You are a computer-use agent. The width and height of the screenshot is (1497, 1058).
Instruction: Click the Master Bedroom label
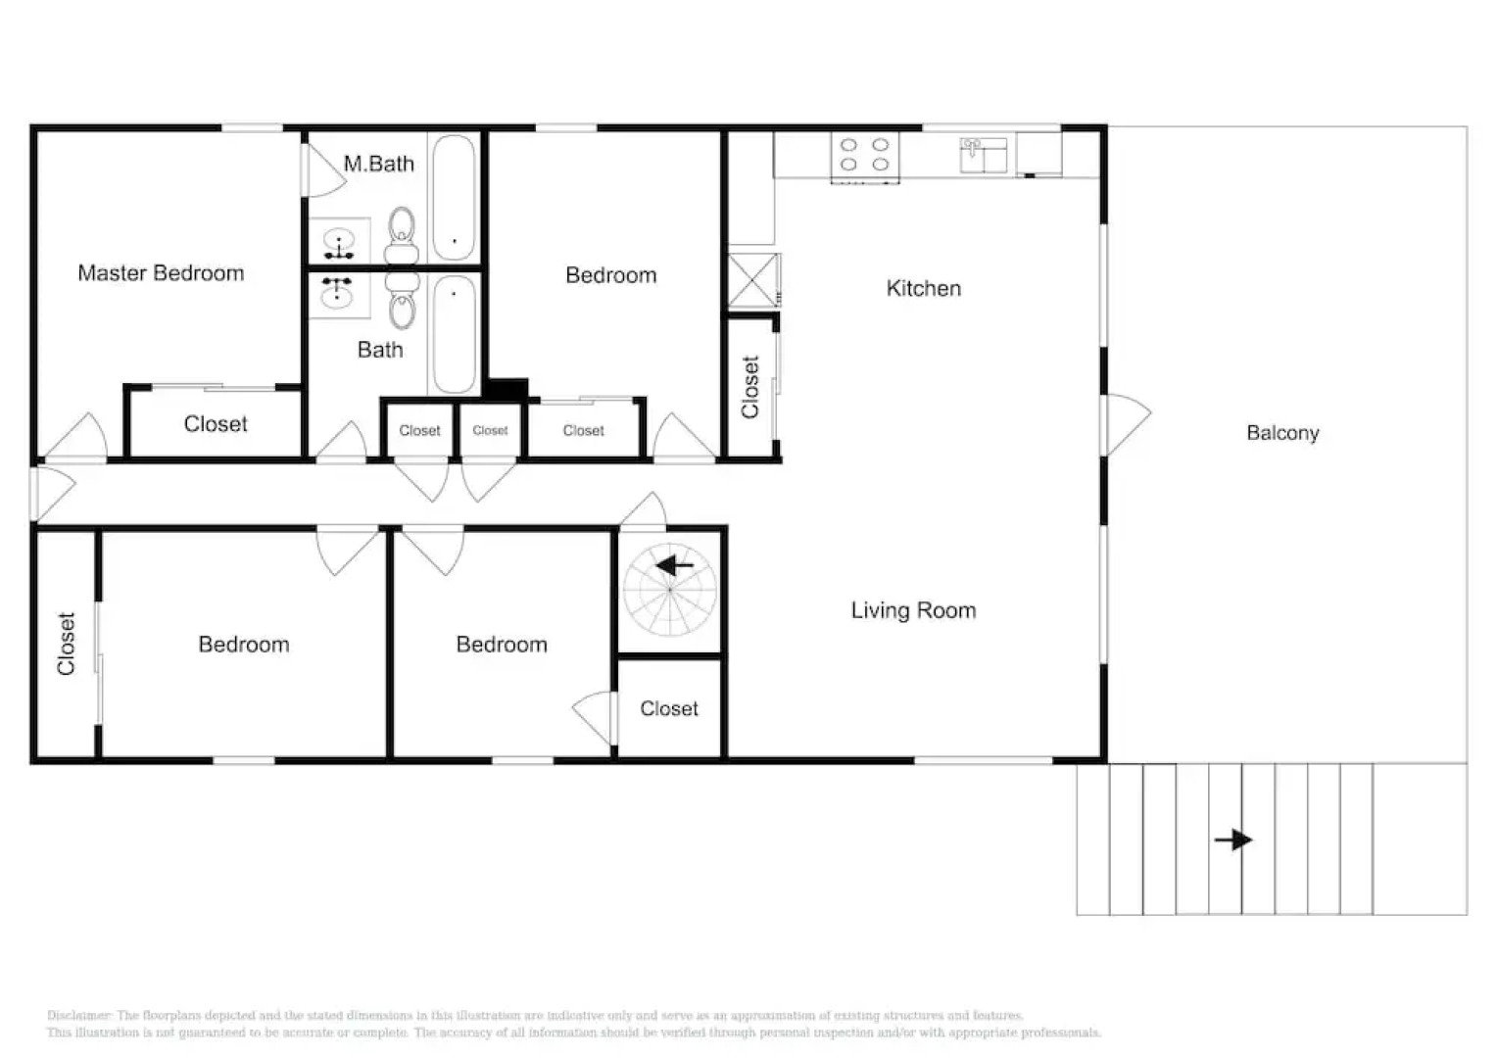point(161,273)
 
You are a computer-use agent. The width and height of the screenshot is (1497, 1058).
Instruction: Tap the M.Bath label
point(378,164)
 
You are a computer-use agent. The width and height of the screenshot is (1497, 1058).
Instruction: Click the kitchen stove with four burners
point(865,156)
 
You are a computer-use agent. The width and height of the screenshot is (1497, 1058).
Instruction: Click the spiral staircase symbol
point(670,590)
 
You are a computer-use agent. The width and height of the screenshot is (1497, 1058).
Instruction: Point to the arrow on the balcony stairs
point(1233,840)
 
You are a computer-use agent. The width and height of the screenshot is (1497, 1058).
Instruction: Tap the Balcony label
point(1282,433)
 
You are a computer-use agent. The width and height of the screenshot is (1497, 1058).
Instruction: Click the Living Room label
point(913,610)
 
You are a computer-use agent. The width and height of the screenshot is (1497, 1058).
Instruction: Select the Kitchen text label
point(923,288)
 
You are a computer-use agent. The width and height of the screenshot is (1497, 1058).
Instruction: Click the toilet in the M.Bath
point(402,235)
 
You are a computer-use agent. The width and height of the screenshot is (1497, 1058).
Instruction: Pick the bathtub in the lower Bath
point(455,333)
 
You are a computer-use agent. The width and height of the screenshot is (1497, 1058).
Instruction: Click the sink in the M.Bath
point(339,241)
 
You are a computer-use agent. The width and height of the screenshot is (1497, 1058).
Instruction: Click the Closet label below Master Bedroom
point(216,424)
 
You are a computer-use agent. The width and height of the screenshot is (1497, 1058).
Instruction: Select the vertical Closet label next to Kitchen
point(750,387)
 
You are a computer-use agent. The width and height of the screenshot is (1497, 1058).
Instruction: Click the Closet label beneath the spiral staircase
point(669,708)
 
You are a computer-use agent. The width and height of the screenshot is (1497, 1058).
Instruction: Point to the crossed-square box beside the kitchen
point(753,280)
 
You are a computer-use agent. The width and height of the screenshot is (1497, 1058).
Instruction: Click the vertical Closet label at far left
point(66,644)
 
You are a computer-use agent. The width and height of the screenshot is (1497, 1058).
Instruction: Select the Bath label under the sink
point(380,350)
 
